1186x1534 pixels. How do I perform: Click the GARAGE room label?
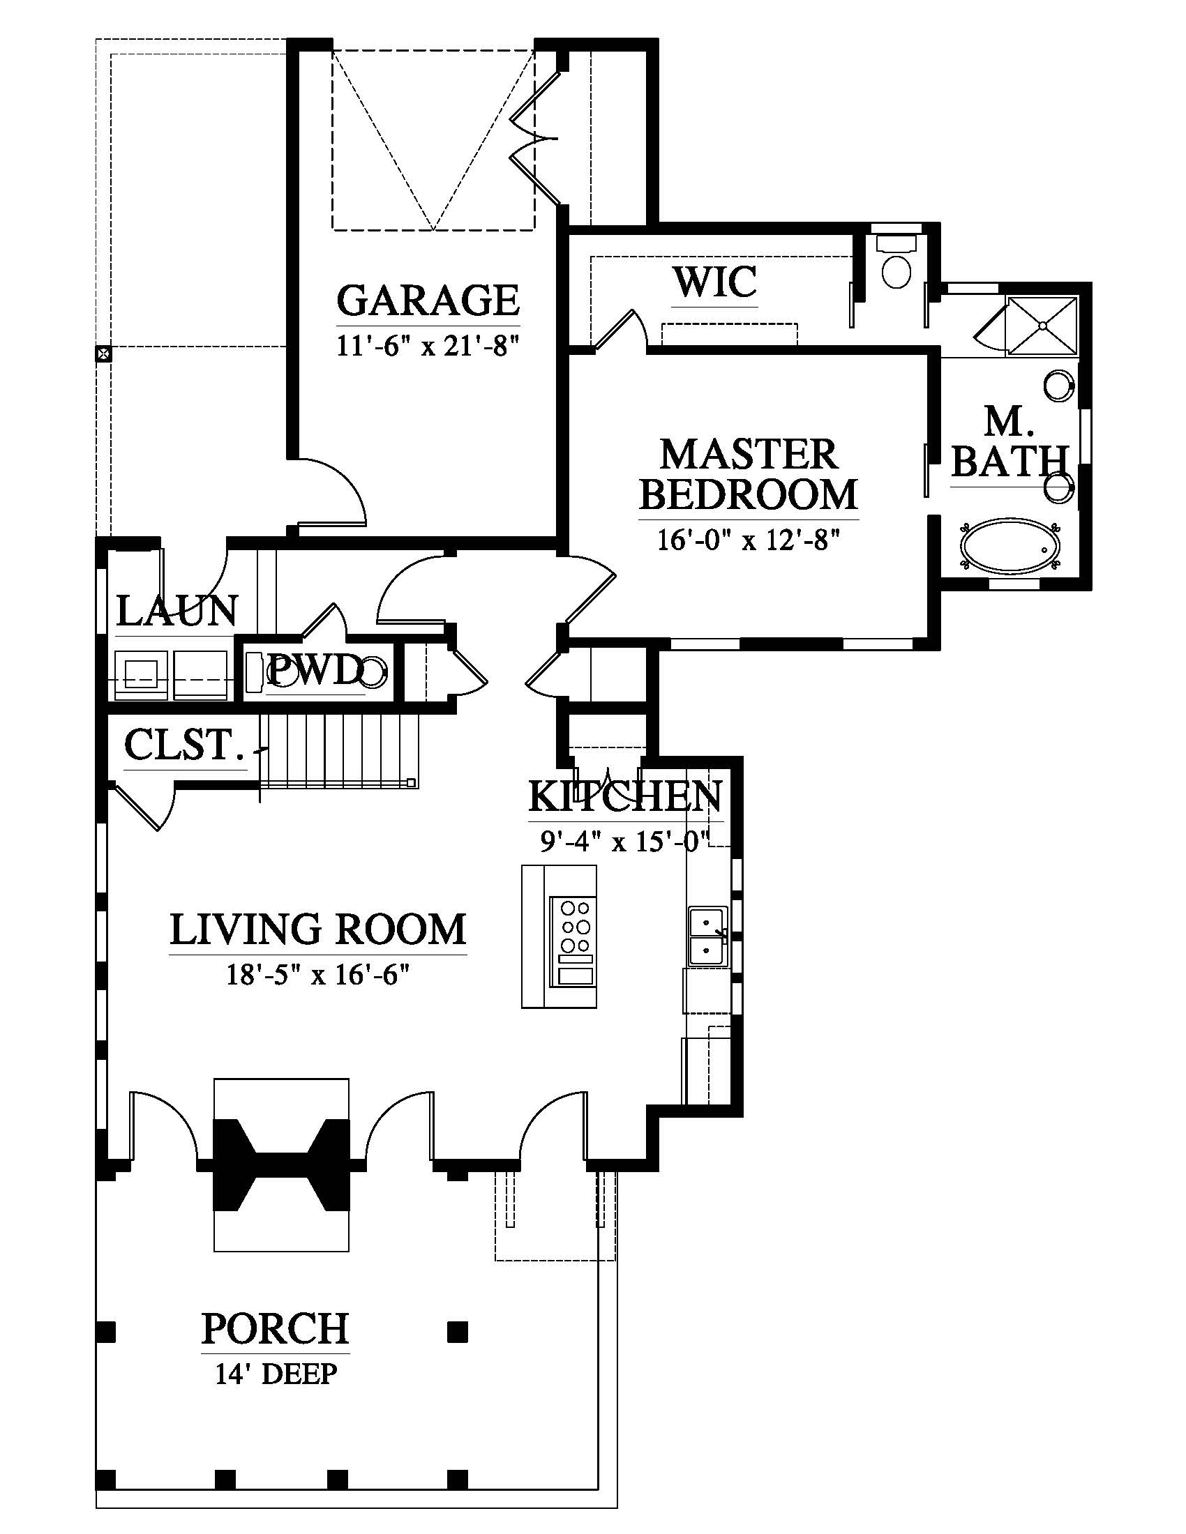[x=428, y=300]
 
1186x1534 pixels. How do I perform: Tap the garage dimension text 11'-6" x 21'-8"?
[x=427, y=347]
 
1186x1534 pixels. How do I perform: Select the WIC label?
[x=715, y=282]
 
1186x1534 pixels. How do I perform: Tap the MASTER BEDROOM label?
[x=749, y=474]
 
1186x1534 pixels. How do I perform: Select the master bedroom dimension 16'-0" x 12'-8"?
[x=749, y=540]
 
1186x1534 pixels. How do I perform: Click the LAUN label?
[x=177, y=610]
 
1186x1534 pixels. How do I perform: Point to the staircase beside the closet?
[x=339, y=750]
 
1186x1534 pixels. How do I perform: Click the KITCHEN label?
[x=625, y=796]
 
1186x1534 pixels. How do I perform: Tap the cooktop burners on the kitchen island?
[x=576, y=925]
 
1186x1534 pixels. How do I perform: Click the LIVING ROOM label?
[x=317, y=929]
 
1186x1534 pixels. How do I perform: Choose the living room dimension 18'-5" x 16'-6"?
[x=317, y=974]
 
